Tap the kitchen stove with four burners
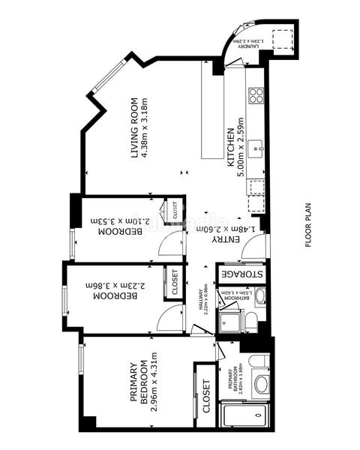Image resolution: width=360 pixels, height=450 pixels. [256, 95]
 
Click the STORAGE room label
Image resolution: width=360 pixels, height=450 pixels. [241, 274]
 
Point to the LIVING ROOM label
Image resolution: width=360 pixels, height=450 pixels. [136, 127]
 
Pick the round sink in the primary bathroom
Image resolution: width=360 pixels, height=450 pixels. [262, 385]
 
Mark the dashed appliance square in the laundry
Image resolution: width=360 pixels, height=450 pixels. [282, 39]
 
